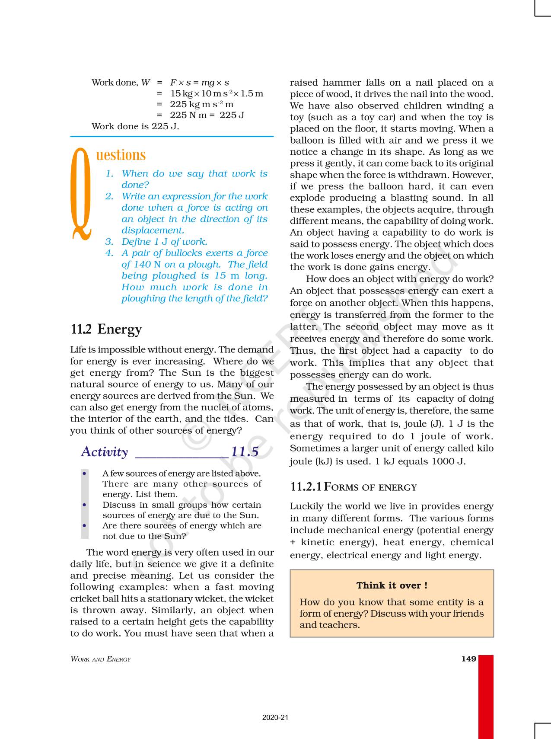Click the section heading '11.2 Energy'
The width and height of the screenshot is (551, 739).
coord(106,329)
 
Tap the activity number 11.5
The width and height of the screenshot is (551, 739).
coord(245,452)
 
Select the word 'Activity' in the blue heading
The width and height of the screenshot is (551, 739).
coord(105,452)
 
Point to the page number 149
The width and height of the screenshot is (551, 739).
coord(468,659)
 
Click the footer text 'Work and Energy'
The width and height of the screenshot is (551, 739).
coord(101,659)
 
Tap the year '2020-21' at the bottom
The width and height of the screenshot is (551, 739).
coord(275,718)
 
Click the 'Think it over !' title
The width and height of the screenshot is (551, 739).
coord(392,585)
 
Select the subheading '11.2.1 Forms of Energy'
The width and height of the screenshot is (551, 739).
coord(354,487)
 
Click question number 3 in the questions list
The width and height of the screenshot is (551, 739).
coord(109,242)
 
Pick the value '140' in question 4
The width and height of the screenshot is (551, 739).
coord(142,265)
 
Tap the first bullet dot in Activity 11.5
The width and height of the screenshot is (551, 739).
coord(85,473)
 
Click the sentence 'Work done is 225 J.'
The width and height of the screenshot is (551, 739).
coord(135,126)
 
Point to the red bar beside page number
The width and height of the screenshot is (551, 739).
coord(486,696)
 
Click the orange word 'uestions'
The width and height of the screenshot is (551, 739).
coord(121,155)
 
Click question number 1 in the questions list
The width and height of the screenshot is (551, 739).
coord(110,174)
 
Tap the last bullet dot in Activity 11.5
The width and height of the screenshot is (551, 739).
coord(85,526)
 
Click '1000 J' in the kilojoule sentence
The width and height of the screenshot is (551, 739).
coord(449,461)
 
